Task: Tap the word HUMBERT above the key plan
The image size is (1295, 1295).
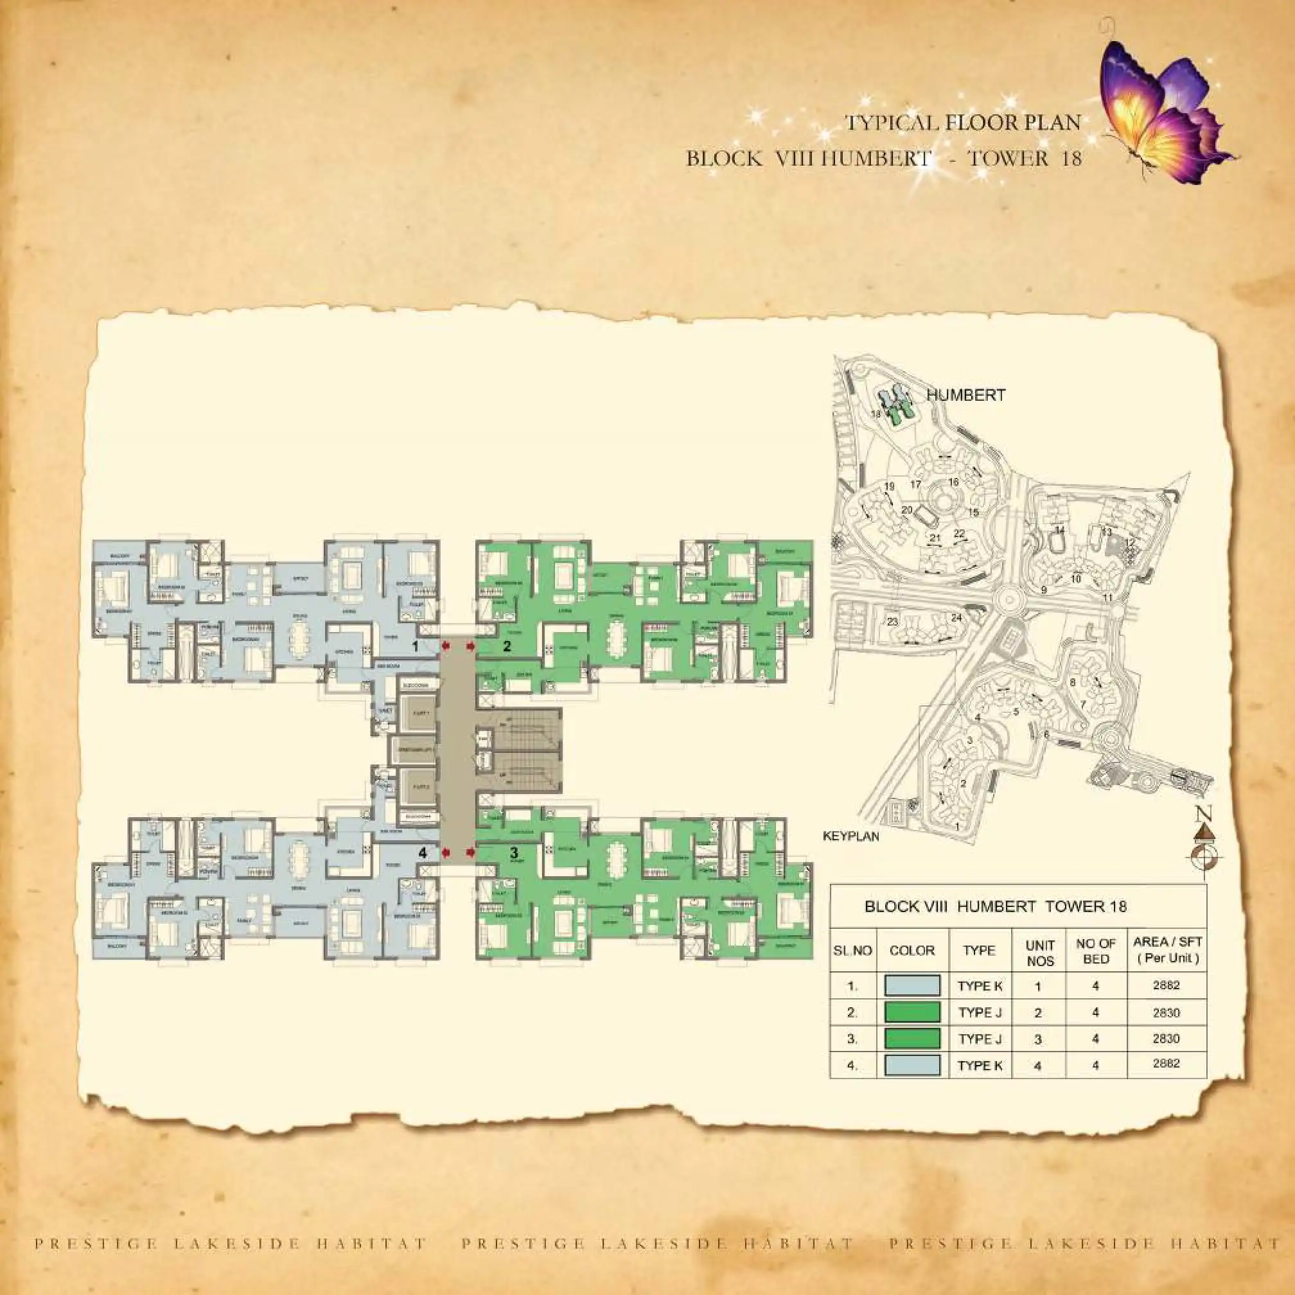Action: [x=965, y=395]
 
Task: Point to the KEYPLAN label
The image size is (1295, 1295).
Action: [x=850, y=836]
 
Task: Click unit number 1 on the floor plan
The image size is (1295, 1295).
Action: [x=416, y=646]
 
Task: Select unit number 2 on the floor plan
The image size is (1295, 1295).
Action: [x=507, y=646]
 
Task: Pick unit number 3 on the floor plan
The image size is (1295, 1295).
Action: [x=514, y=853]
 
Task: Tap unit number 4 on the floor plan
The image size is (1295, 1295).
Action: [x=422, y=853]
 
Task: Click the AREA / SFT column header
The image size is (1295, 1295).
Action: [x=1167, y=950]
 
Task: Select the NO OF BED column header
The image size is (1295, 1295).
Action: [x=1095, y=951]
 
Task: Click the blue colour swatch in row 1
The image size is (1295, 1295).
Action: [x=912, y=985]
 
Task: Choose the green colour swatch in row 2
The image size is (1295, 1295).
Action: [x=912, y=1012]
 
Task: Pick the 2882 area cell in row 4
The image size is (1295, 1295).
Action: [x=1167, y=1064]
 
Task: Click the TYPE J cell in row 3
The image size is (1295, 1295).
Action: [x=980, y=1038]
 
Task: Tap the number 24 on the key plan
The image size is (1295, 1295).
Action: [x=956, y=617]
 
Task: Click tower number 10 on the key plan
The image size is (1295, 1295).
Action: [x=1076, y=579]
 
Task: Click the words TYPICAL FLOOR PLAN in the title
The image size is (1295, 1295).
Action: [x=962, y=123]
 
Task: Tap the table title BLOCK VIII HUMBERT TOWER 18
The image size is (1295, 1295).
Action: [x=996, y=907]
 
